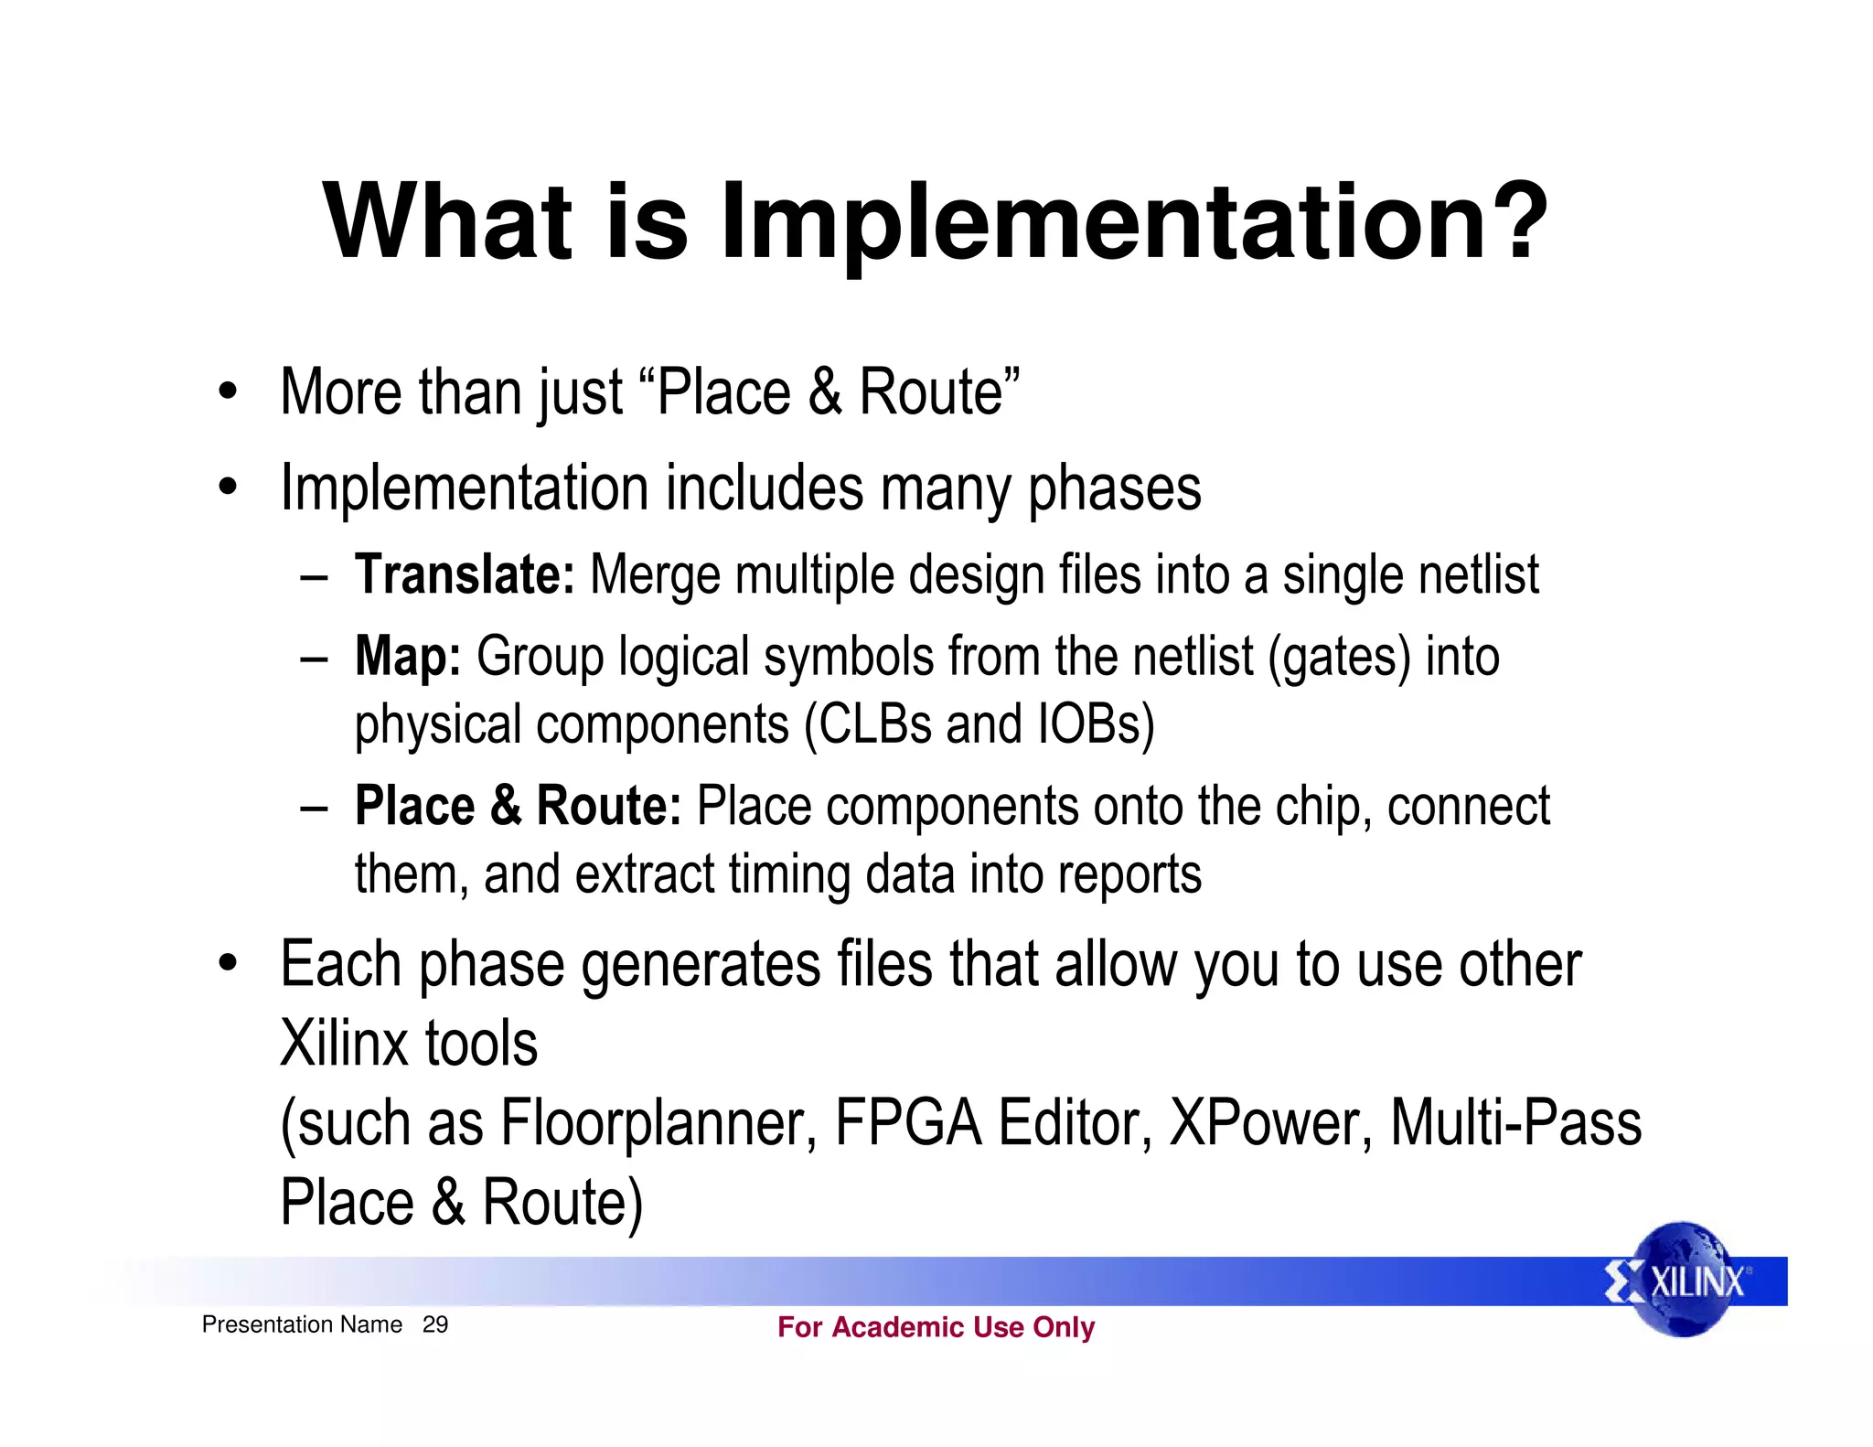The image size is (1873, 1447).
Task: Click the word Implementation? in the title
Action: (1134, 222)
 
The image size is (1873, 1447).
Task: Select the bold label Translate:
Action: (465, 574)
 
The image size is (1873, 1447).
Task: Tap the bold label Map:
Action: (408, 657)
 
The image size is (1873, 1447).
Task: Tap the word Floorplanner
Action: (658, 1123)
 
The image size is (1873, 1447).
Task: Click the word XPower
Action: (1270, 1123)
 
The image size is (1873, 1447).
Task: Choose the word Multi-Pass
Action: (1515, 1123)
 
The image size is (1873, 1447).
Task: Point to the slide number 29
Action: (435, 1324)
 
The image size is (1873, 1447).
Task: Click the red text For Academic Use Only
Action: (936, 1327)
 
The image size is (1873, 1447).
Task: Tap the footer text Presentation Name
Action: (302, 1324)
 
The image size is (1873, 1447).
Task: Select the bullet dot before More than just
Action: (228, 393)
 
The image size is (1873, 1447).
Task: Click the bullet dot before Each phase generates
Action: (228, 964)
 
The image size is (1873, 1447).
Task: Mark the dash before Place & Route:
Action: (314, 809)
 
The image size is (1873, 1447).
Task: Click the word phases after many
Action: (1114, 489)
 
